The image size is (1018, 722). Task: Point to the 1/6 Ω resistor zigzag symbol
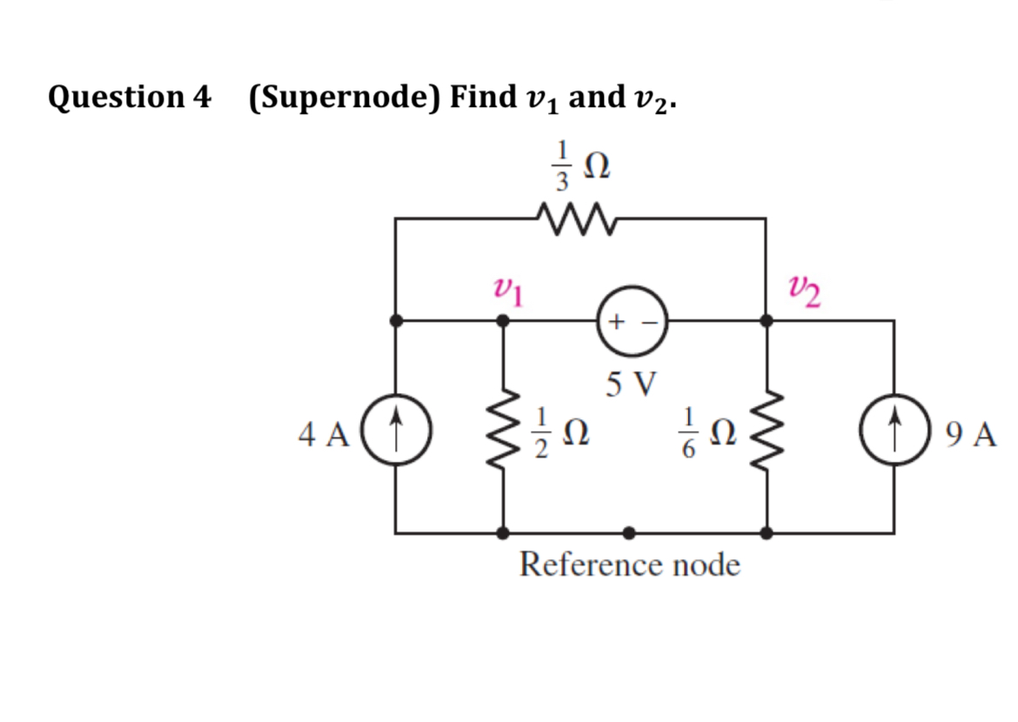coord(766,426)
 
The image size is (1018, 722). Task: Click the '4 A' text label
coord(323,432)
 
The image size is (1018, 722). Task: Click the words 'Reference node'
coord(630,565)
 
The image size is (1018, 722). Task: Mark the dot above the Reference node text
coord(630,531)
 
